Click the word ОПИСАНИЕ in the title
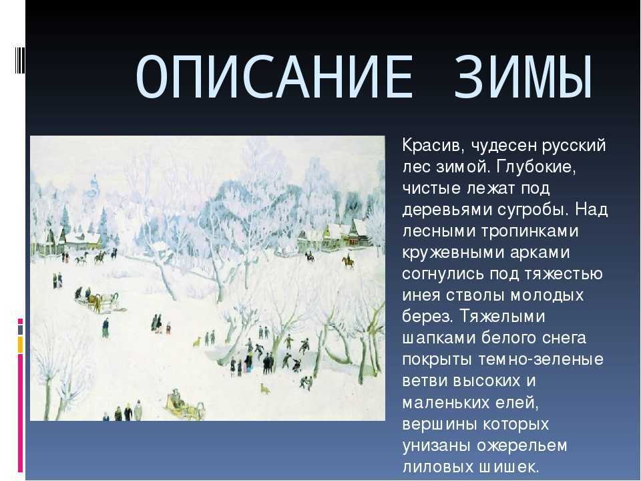coord(274,77)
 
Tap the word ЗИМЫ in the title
coord(523,77)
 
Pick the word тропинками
coord(529,231)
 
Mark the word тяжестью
coord(562,274)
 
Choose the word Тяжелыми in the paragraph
coord(502,317)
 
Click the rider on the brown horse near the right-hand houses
coord(349,261)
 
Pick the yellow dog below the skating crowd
coord(265,388)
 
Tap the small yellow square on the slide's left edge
coord(20,345)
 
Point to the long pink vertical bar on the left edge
coord(20,413)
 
